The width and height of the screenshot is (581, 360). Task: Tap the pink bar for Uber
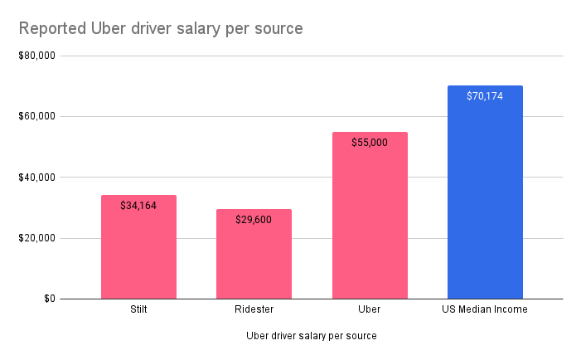click(x=370, y=224)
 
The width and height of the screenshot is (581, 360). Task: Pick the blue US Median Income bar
click(x=485, y=199)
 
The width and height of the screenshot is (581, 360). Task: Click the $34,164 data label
click(x=138, y=205)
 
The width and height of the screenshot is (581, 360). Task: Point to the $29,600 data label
click(x=254, y=220)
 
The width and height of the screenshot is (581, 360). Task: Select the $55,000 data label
click(x=370, y=142)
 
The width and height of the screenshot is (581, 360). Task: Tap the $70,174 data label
click(x=485, y=95)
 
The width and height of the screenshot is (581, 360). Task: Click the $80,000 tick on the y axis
click(x=36, y=56)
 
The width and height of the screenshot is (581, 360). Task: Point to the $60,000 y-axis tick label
click(x=36, y=116)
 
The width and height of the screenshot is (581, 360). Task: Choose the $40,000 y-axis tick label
click(x=36, y=178)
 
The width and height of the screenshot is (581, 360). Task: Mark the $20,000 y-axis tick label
click(x=36, y=238)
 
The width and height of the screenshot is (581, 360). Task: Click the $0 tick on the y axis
click(x=47, y=299)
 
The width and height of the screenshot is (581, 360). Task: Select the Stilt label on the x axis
click(x=138, y=309)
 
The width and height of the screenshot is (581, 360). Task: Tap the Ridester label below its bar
click(x=254, y=309)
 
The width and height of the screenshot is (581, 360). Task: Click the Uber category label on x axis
click(x=370, y=309)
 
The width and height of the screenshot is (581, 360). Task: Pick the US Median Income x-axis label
click(x=485, y=309)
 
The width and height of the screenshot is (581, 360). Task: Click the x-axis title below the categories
click(x=312, y=336)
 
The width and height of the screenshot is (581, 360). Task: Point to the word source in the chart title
click(x=278, y=29)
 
